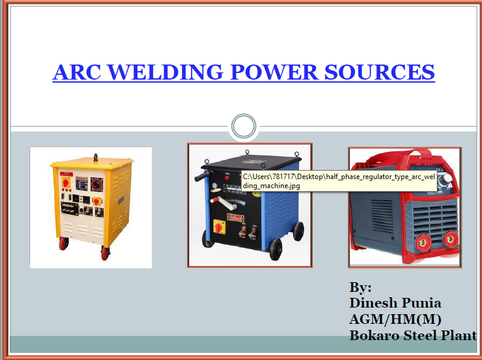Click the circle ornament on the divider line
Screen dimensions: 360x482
pos(243,127)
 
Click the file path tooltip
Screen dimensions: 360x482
pos(339,181)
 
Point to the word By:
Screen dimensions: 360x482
pos(360,288)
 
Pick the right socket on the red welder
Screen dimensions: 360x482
pos(449,239)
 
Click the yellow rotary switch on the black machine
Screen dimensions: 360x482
pos(214,227)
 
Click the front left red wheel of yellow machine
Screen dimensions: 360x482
pos(63,244)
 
